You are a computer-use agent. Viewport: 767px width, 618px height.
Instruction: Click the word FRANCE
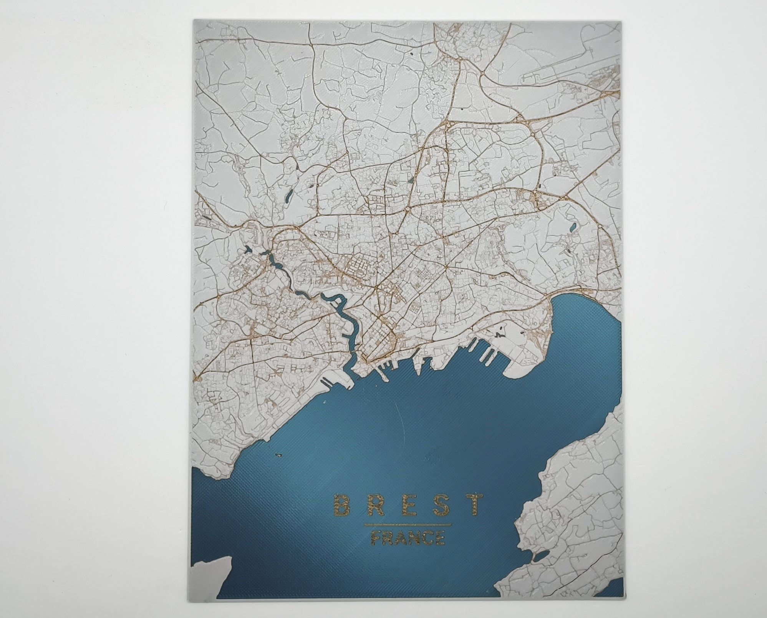click(x=408, y=538)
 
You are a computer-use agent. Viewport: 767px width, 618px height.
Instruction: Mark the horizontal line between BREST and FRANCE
click(x=408, y=524)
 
